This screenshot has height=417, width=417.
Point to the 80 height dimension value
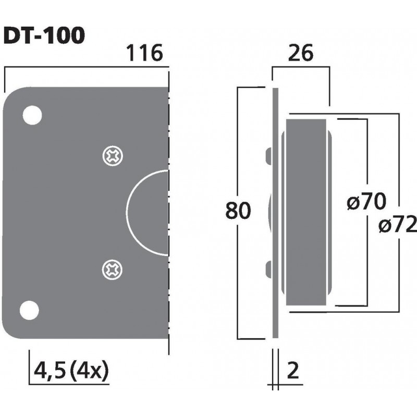tap(238, 211)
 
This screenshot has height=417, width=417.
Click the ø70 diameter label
tap(366, 201)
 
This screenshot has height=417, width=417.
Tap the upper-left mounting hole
tap(32, 115)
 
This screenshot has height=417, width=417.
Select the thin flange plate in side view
tap(274, 214)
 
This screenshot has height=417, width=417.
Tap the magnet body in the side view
tap(305, 214)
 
